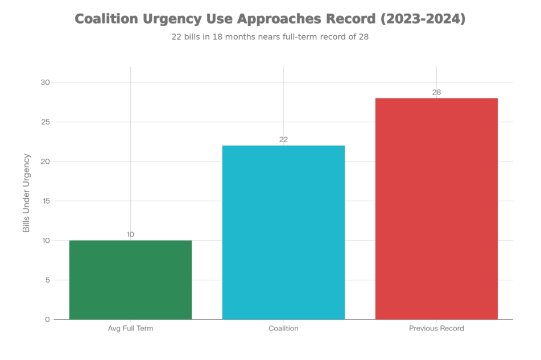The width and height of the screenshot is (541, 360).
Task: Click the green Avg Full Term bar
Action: (130, 279)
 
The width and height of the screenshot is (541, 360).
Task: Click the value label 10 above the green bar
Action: (130, 234)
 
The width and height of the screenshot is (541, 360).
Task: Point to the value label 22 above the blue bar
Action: (283, 139)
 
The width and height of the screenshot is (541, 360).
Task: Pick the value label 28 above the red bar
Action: (436, 92)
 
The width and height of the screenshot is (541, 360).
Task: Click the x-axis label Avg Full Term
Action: (130, 329)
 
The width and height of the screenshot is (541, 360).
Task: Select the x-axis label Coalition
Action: (283, 329)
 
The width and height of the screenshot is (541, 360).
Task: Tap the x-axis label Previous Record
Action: (436, 329)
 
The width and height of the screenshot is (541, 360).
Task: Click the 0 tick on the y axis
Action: (46, 319)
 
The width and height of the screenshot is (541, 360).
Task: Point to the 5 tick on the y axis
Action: (46, 280)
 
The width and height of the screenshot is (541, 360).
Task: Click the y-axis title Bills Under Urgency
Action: (26, 193)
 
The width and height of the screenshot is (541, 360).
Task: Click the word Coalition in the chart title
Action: (107, 19)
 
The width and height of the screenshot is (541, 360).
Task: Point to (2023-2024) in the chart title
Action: (423, 19)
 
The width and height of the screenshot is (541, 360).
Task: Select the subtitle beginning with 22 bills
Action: (270, 38)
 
